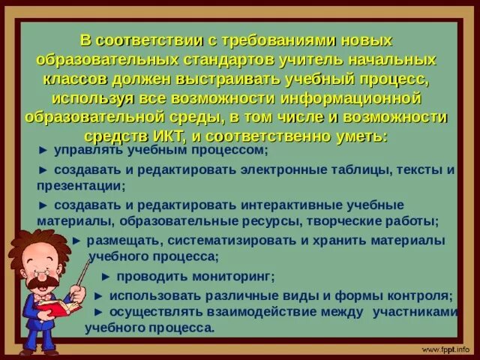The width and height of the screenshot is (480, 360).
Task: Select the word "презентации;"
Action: pyautogui.click(x=81, y=184)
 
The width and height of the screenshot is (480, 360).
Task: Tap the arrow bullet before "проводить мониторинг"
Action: pyautogui.click(x=106, y=275)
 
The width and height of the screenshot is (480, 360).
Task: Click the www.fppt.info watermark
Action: pyautogui.click(x=445, y=349)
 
